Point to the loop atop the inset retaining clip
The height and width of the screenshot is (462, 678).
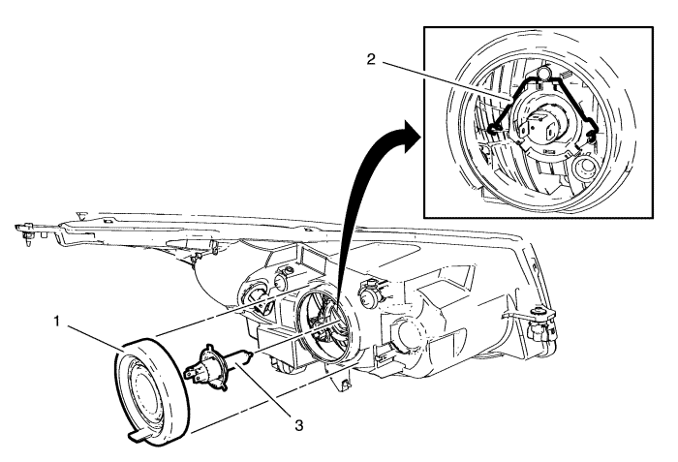coord(546,72)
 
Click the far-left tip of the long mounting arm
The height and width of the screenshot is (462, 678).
coord(21,231)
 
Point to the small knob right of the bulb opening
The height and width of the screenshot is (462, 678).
coord(369,288)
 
